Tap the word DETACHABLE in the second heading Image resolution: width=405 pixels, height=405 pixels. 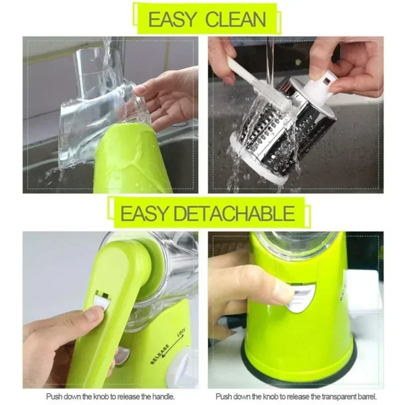pyautogui.click(x=234, y=214)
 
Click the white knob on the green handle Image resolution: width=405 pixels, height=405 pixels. pyautogui.click(x=101, y=302)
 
